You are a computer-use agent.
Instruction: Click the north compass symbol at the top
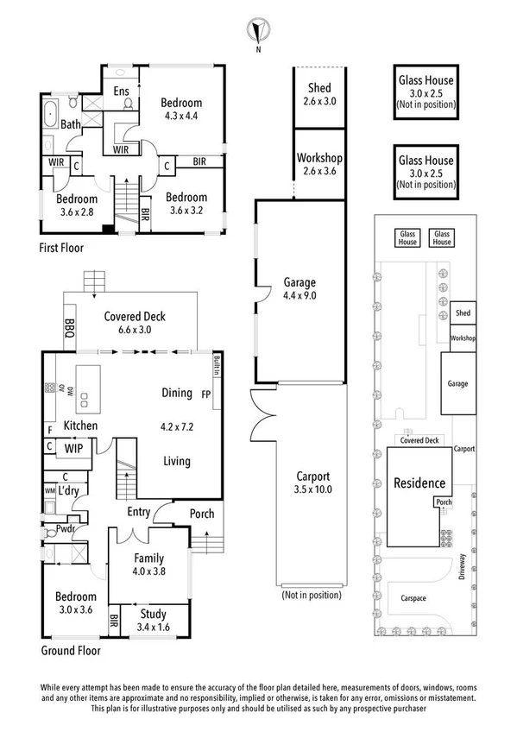[x=258, y=30]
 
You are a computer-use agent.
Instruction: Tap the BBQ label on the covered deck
[x=70, y=328]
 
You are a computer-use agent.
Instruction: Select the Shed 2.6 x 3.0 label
[x=319, y=94]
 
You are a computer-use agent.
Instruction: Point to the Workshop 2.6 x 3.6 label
[x=319, y=164]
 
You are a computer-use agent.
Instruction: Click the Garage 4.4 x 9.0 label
[x=299, y=288]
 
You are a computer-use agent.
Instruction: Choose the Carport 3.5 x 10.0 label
[x=312, y=483]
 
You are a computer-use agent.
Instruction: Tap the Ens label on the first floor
[x=122, y=91]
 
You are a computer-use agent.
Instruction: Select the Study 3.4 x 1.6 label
[x=153, y=621]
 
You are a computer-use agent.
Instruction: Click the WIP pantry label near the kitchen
[x=73, y=448]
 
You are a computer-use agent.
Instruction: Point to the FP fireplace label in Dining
[x=205, y=394]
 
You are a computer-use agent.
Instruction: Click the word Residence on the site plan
[x=419, y=483]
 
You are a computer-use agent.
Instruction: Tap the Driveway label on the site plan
[x=462, y=567]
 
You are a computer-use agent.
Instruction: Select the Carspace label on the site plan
[x=413, y=598]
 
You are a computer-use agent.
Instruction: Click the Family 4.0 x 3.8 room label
[x=148, y=565]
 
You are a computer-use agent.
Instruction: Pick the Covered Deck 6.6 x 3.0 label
[x=135, y=323]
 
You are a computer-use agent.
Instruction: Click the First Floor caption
[x=61, y=248]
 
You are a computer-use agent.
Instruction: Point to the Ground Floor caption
[x=71, y=650]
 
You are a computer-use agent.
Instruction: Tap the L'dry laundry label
[x=68, y=490]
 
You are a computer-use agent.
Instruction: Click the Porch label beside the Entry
[x=202, y=514]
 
